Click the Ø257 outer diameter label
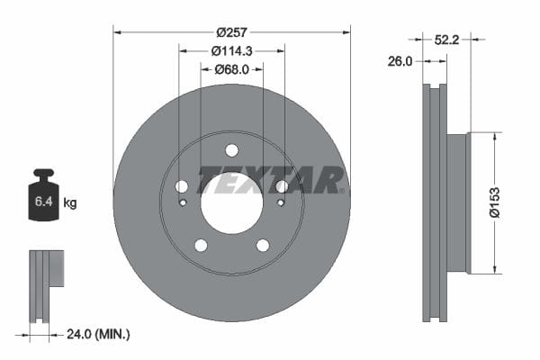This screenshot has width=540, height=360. click(x=232, y=32)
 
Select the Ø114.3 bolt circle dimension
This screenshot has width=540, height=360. click(x=232, y=51)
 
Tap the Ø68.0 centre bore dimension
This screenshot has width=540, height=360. click(x=232, y=70)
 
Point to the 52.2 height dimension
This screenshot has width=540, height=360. click(x=446, y=40)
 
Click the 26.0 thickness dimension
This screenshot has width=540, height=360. click(x=400, y=62)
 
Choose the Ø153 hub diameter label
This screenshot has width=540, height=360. click(x=495, y=202)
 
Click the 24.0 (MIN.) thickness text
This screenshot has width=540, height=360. click(x=98, y=334)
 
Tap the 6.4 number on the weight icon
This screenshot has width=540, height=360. click(x=44, y=201)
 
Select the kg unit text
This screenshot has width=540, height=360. click(x=70, y=202)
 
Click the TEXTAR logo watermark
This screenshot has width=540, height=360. click(x=271, y=179)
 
